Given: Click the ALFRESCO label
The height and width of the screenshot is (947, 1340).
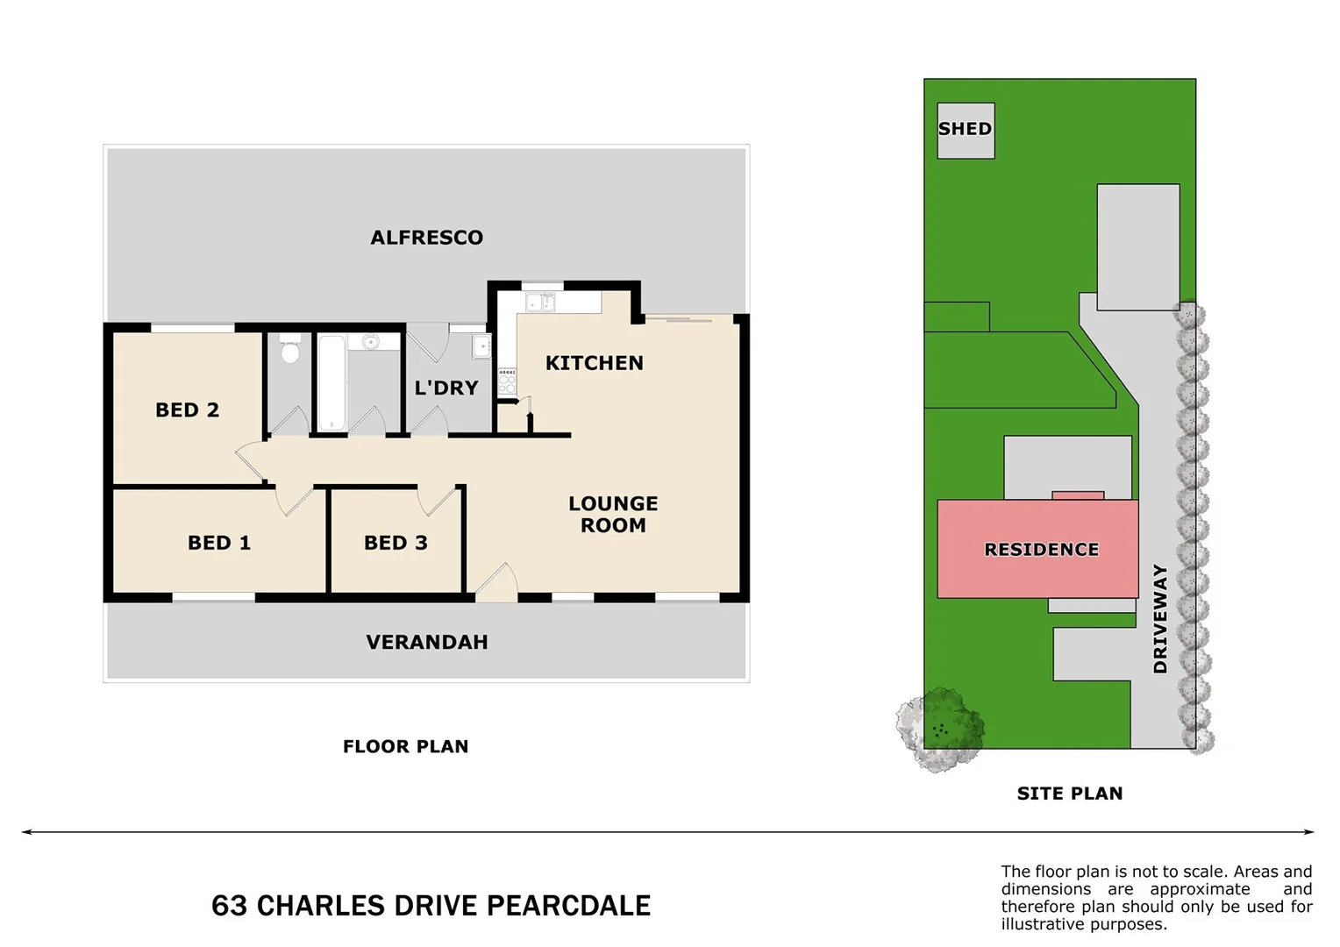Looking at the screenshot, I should click(426, 238).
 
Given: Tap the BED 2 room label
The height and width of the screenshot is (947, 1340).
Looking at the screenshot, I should click(187, 409).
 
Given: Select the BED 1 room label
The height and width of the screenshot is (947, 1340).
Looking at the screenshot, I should click(219, 543).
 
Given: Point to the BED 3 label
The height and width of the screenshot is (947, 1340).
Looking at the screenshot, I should click(396, 543).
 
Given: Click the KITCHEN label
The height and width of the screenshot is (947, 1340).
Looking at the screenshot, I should click(594, 363).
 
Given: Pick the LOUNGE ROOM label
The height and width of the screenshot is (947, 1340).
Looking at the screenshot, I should click(613, 515).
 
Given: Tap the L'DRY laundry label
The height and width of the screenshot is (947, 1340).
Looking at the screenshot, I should click(446, 388).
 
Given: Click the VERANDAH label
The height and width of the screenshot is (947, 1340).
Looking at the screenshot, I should click(426, 642).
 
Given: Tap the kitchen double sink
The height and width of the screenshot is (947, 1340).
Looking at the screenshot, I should click(539, 303).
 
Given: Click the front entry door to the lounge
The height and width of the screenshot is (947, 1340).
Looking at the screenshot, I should click(496, 585).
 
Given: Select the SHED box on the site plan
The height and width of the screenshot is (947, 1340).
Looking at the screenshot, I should click(966, 130).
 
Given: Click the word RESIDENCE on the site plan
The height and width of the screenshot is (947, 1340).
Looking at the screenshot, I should click(1041, 550).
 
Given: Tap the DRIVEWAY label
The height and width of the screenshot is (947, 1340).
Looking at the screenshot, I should click(1160, 619).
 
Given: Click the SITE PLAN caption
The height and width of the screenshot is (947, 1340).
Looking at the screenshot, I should click(1069, 794).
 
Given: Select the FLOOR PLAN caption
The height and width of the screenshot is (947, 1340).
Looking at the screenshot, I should click(405, 746).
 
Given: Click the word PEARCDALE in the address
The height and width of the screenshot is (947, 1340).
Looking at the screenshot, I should click(568, 906).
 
